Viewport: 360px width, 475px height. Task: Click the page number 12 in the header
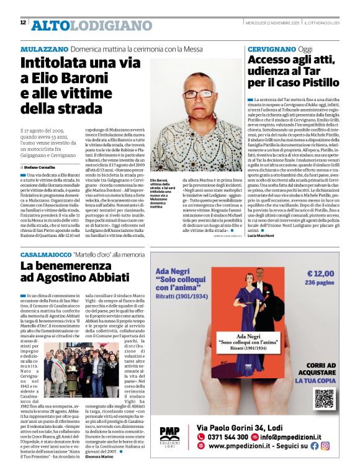pyautogui.click(x=23, y=22)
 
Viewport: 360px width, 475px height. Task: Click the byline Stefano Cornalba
pyautogui.click(x=42, y=167)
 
